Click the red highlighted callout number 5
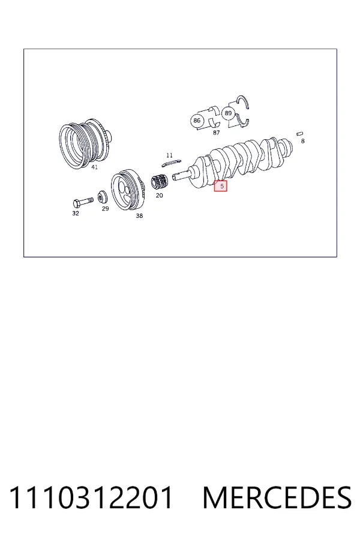click(220, 186)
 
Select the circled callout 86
click(197, 121)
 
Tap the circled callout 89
click(228, 113)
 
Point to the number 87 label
click(217, 133)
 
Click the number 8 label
click(303, 141)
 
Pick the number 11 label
click(169, 155)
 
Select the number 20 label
click(159, 195)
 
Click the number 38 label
click(139, 215)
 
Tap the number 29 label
click(106, 208)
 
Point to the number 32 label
click(76, 213)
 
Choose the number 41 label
click(94, 167)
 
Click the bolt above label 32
click(83, 202)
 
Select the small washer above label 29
click(103, 197)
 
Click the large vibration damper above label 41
click(85, 144)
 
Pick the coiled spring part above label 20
click(160, 182)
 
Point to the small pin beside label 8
click(300, 134)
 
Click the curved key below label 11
click(171, 163)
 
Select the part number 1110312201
click(91, 497)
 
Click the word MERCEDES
click(277, 497)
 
